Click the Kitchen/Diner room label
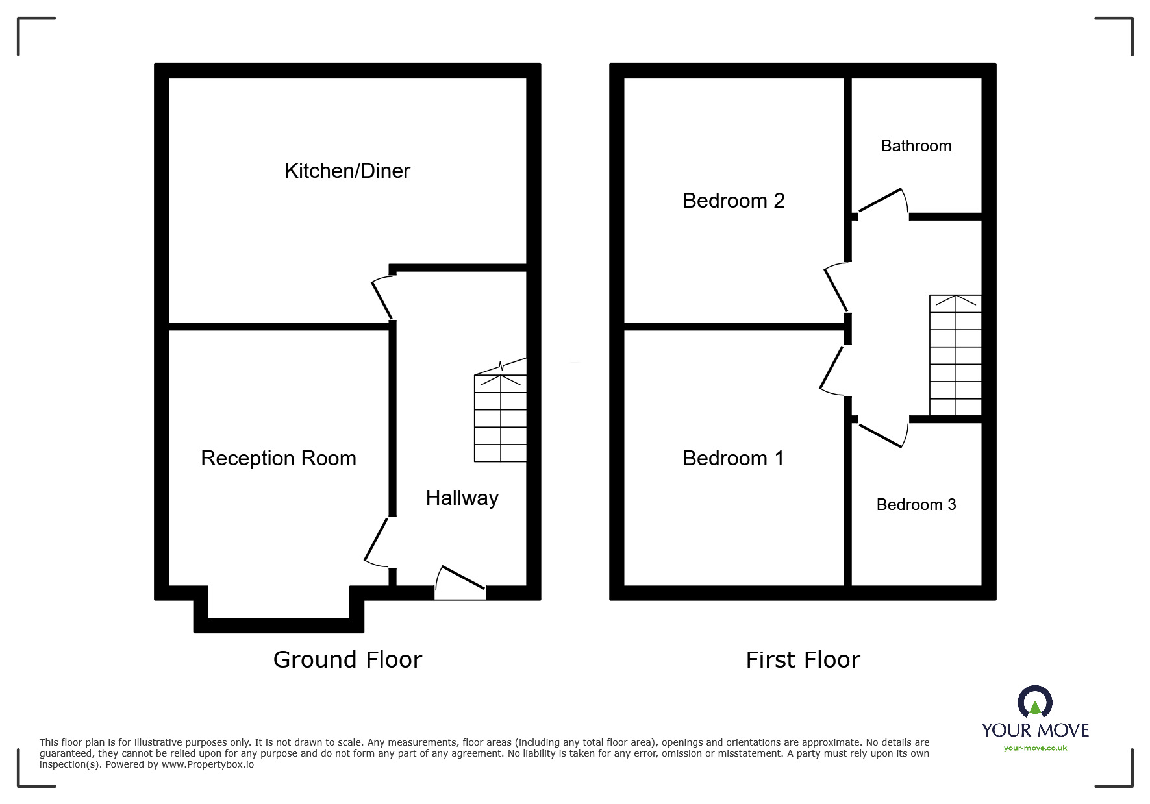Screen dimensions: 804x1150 pos(347,171)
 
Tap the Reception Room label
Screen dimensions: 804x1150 pos(279,458)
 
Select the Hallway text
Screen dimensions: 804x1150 pos(462,498)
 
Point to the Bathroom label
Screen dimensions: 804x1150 pos(916,146)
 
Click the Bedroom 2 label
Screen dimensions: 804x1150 pos(734,201)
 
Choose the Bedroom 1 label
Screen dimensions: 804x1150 pos(734,458)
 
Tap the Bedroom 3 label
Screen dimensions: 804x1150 pos(916,504)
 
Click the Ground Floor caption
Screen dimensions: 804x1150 pos(347,659)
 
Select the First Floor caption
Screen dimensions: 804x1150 pos(803,660)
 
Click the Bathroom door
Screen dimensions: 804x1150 pos(882,201)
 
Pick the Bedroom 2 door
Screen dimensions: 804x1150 pos(836,288)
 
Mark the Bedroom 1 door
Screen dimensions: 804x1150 pos(832,370)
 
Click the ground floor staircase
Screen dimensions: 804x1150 pos(500,418)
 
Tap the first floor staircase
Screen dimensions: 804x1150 pos(955,355)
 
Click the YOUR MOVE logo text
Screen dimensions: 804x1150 pos(1035,730)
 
